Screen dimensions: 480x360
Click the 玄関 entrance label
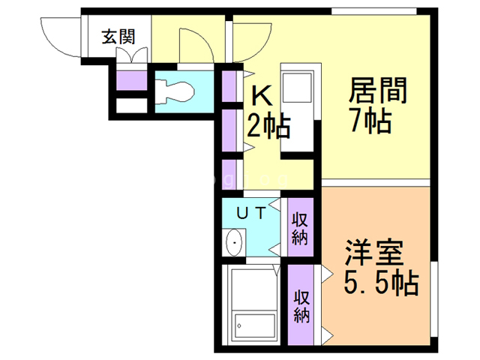pos(118,37)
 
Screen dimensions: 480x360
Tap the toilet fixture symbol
pos(175,91)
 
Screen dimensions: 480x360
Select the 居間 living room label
pos(378,90)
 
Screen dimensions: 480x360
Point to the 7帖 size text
pos(371,120)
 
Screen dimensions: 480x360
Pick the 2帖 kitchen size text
pos(268,126)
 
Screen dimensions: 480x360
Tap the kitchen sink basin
pos(298,87)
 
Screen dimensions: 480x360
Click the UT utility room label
pos(251,213)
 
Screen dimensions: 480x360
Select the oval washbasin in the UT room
pos(234,242)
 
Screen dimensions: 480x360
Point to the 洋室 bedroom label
pos(373,253)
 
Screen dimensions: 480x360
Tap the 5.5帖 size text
pos(381,283)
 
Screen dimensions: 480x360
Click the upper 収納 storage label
pos(300,229)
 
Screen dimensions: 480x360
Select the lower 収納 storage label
pos(301,306)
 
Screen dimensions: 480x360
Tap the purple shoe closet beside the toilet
pos(132,80)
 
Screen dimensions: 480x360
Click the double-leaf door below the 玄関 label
pos(132,55)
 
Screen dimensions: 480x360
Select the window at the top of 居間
pos(374,11)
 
